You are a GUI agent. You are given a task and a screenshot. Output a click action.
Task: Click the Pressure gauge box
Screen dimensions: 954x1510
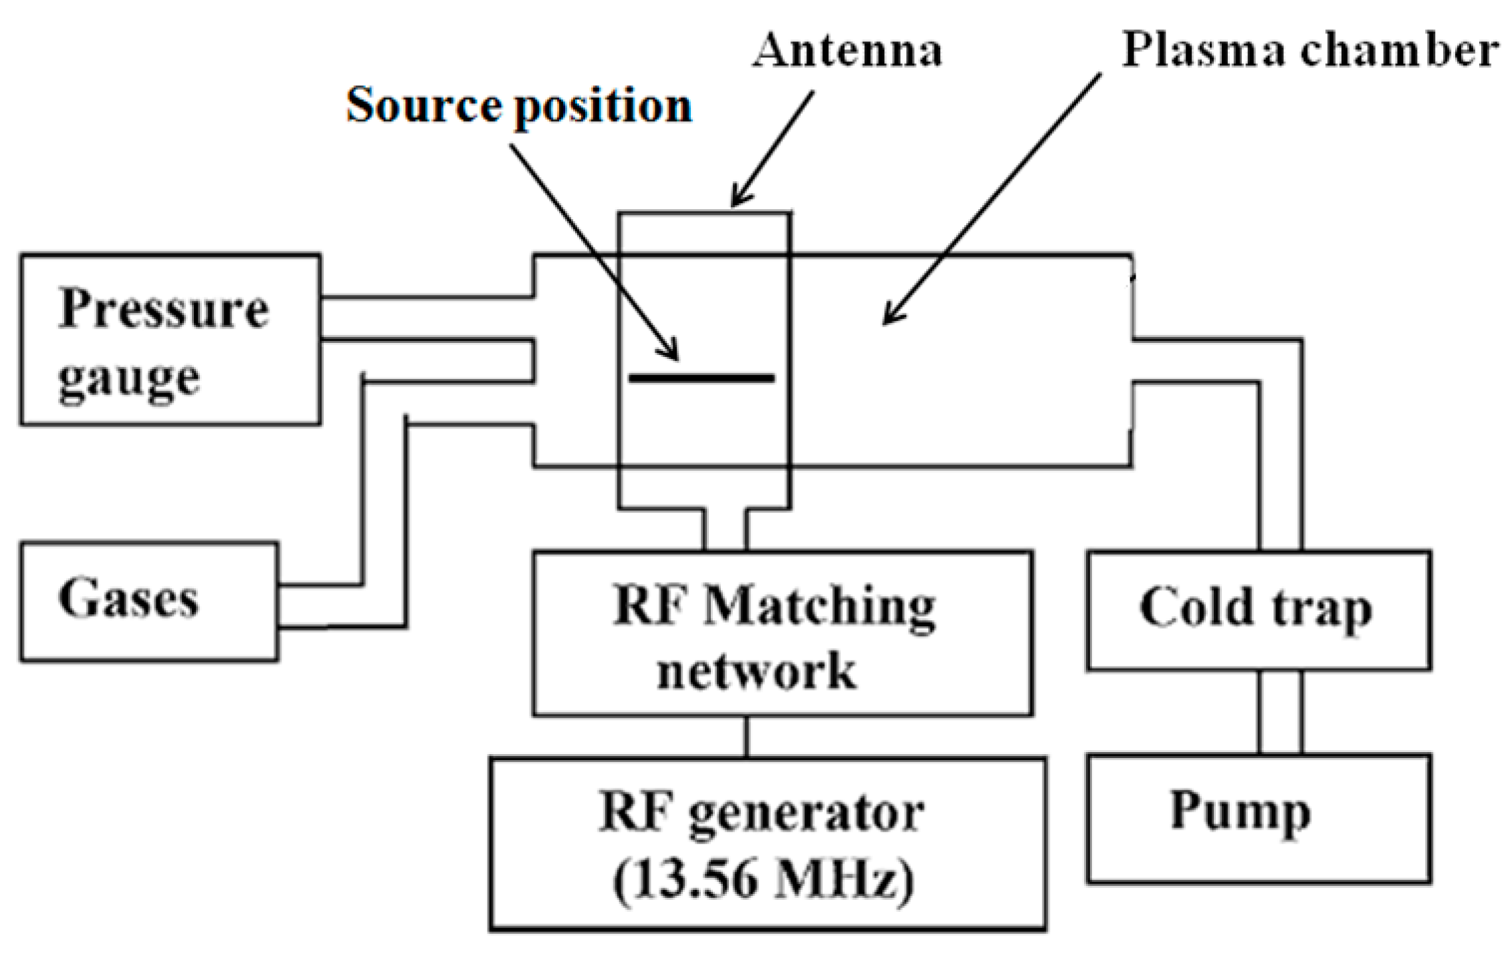click(x=170, y=340)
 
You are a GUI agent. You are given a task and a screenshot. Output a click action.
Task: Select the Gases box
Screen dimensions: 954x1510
click(x=148, y=602)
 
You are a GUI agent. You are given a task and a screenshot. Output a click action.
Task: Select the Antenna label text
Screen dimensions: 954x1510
click(x=847, y=51)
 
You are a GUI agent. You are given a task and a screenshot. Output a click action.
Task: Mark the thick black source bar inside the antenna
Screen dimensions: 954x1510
click(x=702, y=378)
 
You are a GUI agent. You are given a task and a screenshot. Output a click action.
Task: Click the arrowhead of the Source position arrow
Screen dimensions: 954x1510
click(x=672, y=354)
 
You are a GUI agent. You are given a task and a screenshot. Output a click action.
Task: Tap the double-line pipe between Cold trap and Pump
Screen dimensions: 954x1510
click(x=1280, y=712)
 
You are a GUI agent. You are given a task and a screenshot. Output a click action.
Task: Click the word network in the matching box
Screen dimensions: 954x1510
click(x=756, y=671)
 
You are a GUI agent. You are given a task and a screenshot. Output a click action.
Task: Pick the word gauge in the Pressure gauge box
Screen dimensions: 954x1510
click(x=128, y=380)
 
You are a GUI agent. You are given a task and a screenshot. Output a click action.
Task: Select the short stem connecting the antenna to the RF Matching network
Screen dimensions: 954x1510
click(x=725, y=529)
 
